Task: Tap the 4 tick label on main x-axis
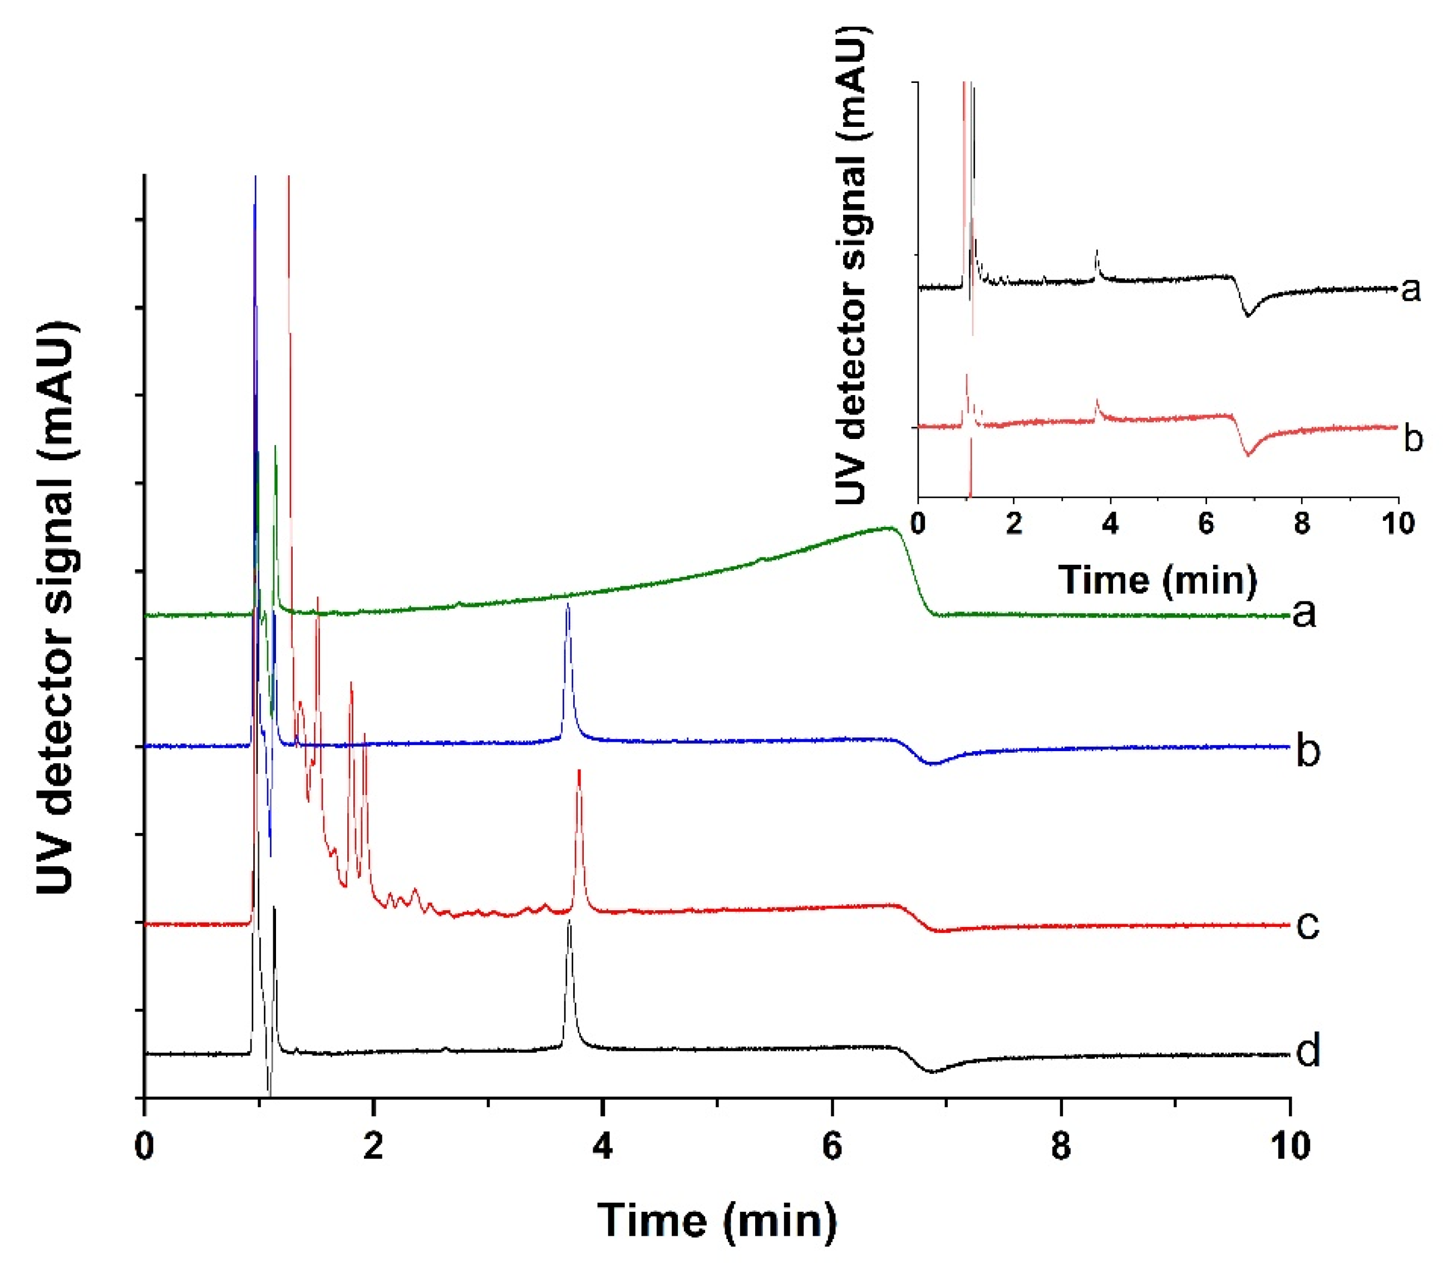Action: pyautogui.click(x=602, y=1145)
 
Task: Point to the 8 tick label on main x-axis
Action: pyautogui.click(x=1060, y=1145)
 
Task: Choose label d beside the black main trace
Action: pyautogui.click(x=1308, y=1052)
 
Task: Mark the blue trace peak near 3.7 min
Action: pyautogui.click(x=568, y=606)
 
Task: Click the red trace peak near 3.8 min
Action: pyautogui.click(x=579, y=772)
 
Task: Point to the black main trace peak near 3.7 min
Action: pyautogui.click(x=569, y=922)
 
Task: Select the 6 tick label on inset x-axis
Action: pyautogui.click(x=1206, y=523)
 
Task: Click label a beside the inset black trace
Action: pyautogui.click(x=1411, y=289)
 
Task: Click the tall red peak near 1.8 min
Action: pyautogui.click(x=351, y=684)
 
